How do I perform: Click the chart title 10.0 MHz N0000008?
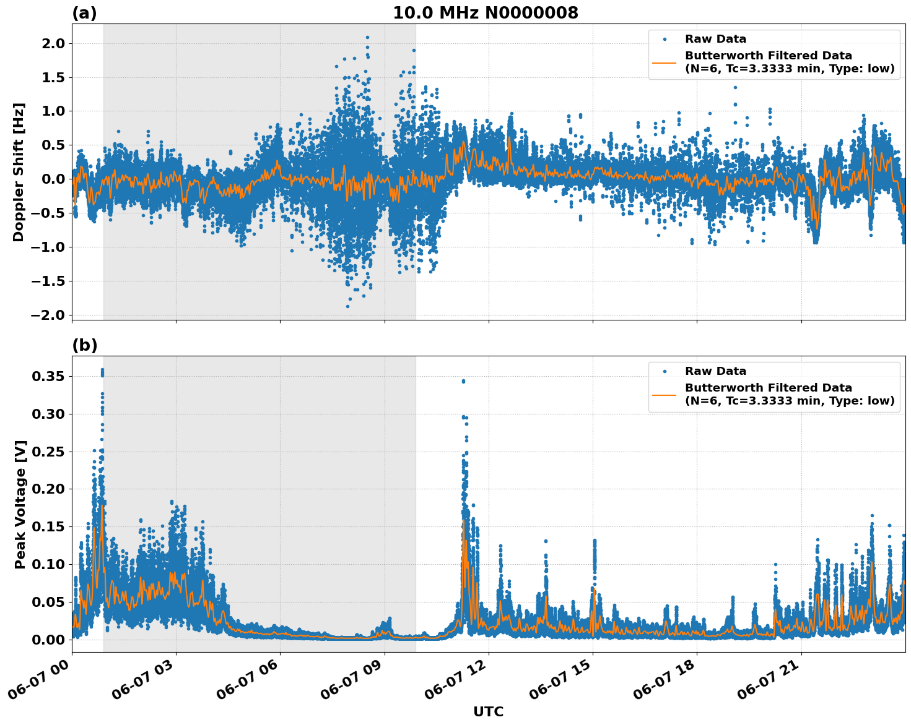[485, 13]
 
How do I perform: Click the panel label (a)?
[84, 13]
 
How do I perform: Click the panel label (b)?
[84, 345]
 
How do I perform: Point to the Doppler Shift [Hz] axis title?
[19, 172]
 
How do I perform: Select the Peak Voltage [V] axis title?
[20, 504]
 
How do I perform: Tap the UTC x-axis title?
[488, 711]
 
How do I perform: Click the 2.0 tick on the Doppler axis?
[52, 43]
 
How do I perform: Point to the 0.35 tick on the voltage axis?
[48, 376]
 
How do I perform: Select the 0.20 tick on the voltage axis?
[48, 489]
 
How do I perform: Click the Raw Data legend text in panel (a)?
[715, 39]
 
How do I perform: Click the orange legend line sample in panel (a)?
[665, 62]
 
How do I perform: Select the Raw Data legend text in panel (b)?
[715, 371]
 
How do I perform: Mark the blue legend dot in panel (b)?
[665, 371]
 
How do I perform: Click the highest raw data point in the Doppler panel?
[367, 37]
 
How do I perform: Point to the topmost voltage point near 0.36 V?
[102, 370]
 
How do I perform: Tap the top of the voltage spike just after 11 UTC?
[463, 381]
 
